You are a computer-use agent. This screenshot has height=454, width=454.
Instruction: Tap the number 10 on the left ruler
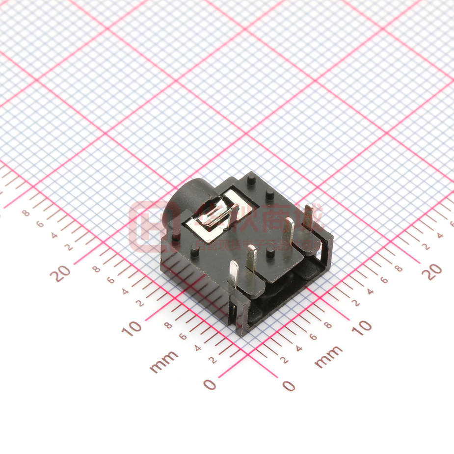pyautogui.click(x=131, y=328)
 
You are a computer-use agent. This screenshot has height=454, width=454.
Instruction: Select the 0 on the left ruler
pyautogui.click(x=210, y=384)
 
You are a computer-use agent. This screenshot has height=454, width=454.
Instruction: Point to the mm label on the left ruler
pyautogui.click(x=164, y=361)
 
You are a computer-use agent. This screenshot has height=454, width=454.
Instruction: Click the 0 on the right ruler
pyautogui.click(x=290, y=385)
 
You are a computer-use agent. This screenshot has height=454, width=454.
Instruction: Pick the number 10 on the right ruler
pyautogui.click(x=362, y=327)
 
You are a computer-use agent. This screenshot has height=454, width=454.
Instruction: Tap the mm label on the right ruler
pyautogui.click(x=328, y=357)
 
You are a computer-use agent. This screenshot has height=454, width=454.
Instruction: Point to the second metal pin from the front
pyautogui.click(x=251, y=257)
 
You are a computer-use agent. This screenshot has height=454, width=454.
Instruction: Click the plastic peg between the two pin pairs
pyautogui.click(x=269, y=253)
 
